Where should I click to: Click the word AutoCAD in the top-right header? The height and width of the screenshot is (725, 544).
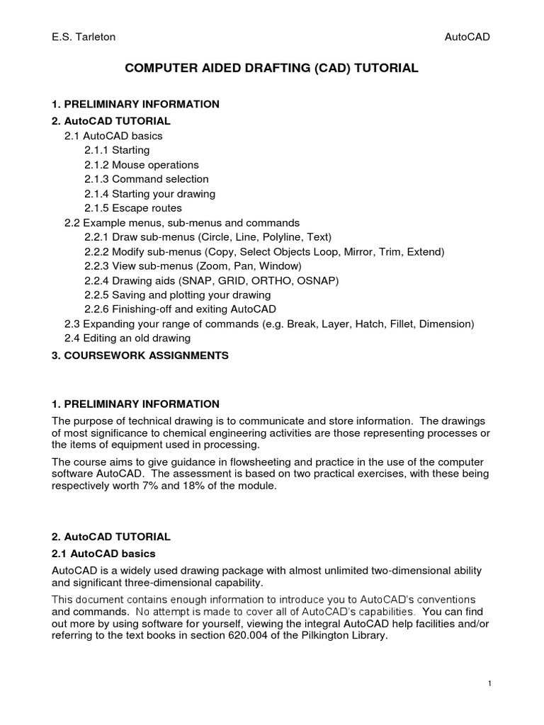pos(467,37)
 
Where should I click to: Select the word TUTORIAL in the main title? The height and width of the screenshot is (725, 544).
pos(382,69)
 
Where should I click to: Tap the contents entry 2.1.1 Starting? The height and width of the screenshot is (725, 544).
pos(117,150)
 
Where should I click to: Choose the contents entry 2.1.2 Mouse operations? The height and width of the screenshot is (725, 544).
pos(141,165)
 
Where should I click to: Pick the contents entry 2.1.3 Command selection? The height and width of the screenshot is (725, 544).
pos(146,179)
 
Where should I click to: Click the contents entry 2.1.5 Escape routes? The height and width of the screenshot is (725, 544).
pos(132,208)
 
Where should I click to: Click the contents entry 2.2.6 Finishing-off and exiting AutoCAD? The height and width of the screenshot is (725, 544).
pos(180,309)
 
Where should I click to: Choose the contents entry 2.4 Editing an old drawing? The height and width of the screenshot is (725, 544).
pos(127,338)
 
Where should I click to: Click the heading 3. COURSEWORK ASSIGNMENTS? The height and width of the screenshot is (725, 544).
pos(140,355)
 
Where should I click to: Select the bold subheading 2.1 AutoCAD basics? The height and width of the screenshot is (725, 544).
pos(104,553)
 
